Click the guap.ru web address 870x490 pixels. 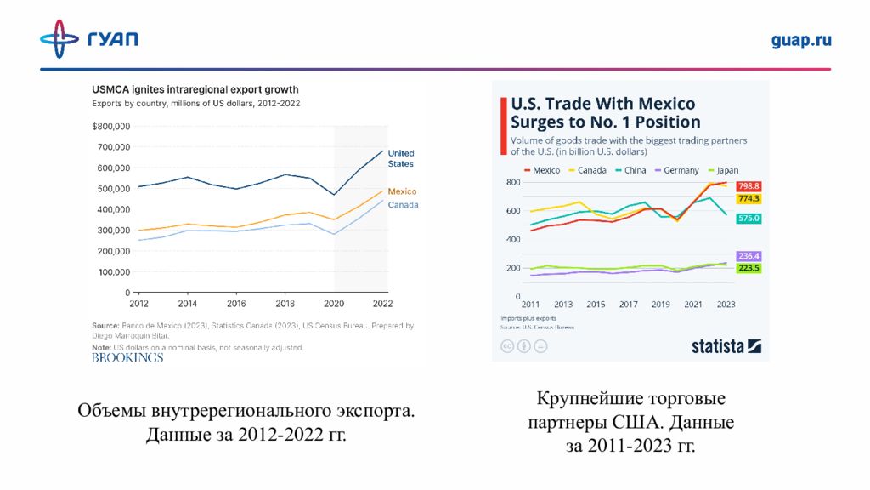pos(801,40)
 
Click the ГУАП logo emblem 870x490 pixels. pos(59,39)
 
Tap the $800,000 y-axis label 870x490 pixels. pos(110,127)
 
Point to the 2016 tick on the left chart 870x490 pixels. pos(235,303)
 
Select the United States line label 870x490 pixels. pos(401,158)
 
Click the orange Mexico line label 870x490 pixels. pos(402,191)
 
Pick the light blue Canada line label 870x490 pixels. pos(403,205)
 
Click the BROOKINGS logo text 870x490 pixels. pos(127,357)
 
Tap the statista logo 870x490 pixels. pos(726,346)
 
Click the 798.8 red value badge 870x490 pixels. pos(749,185)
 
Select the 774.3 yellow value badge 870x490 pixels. pos(749,198)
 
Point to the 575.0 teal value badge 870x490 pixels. pos(749,219)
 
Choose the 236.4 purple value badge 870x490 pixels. pos(749,255)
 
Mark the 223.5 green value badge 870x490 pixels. pos(749,268)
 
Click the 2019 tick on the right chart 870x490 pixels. pos(661,304)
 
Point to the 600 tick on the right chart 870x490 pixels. pos(512,211)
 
